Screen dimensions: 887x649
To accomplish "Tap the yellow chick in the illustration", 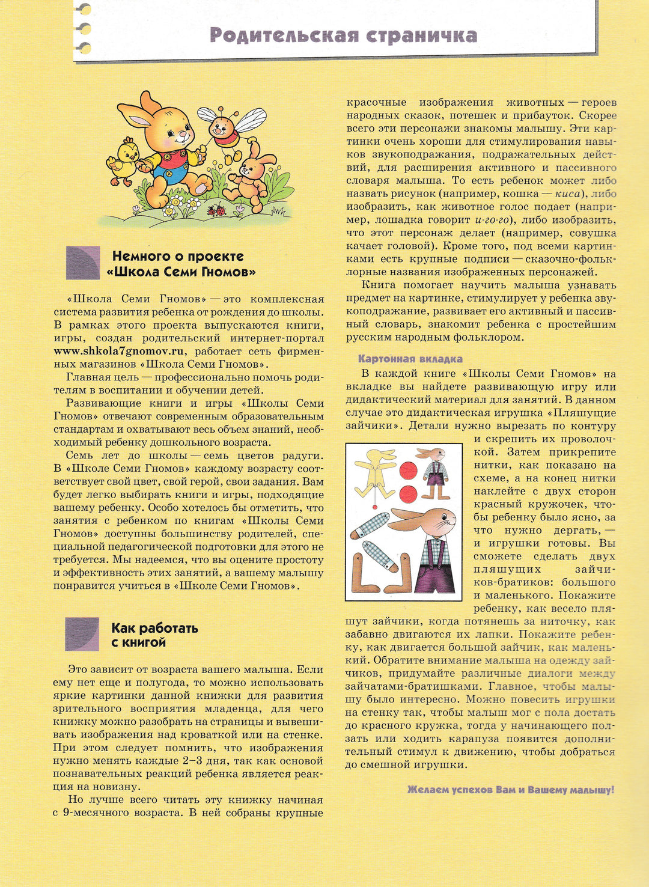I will click(124, 161).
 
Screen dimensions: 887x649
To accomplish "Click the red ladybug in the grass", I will click(217, 210).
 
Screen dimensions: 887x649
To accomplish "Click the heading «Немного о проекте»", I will click(178, 257).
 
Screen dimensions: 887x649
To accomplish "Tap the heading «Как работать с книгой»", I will click(154, 635).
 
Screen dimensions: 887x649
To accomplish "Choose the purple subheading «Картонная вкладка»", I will click(410, 359).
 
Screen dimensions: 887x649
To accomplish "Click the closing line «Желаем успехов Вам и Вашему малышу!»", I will click(510, 790).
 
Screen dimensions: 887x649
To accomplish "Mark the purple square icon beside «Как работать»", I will click(82, 634).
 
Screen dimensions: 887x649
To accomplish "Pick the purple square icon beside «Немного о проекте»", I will click(83, 263).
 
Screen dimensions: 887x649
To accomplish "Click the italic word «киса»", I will click(567, 194).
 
